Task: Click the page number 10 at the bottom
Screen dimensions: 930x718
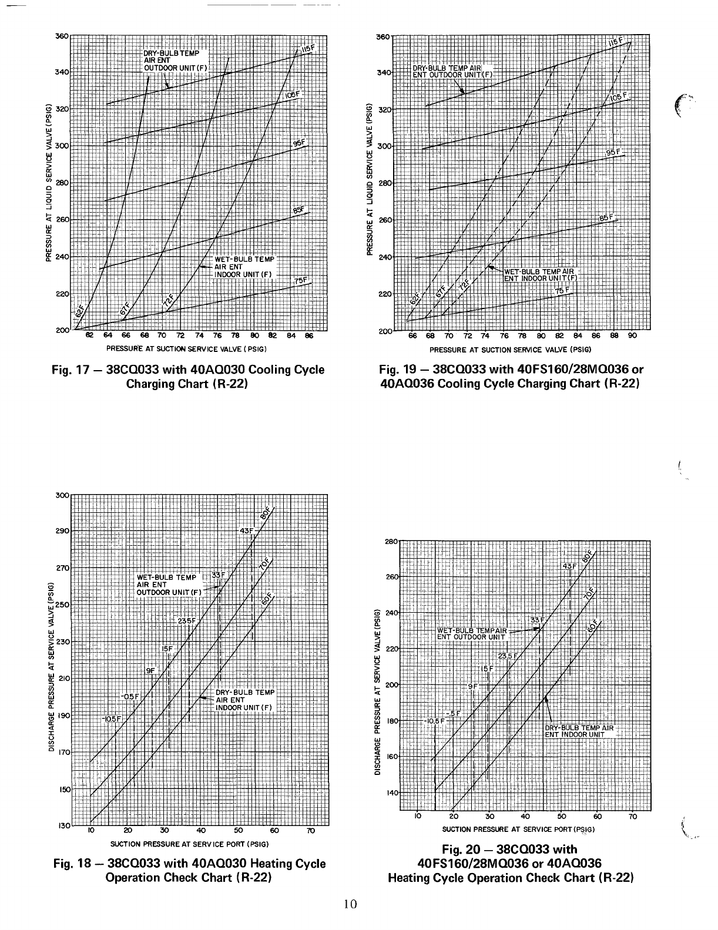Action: click(351, 904)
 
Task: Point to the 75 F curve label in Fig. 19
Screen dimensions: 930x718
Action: click(563, 291)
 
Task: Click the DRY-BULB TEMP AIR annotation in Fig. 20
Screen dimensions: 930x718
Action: click(579, 727)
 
